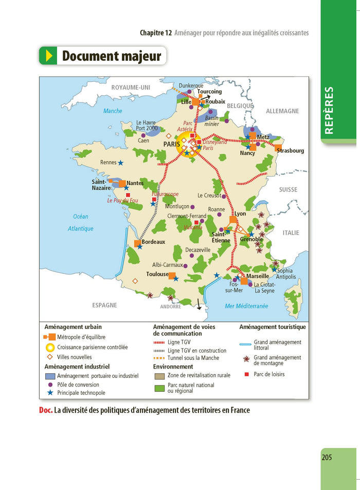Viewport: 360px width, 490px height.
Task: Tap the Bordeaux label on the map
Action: pyautogui.click(x=153, y=241)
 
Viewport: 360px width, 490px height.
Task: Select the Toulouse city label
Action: pyautogui.click(x=157, y=274)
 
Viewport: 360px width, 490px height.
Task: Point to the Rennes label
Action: pyautogui.click(x=109, y=162)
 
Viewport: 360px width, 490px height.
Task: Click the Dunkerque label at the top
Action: pyautogui.click(x=191, y=85)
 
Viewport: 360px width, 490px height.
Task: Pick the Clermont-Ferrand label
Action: pyautogui.click(x=187, y=216)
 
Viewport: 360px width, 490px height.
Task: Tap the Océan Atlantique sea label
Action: pyautogui.click(x=81, y=222)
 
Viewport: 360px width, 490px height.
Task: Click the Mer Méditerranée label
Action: pyautogui.click(x=246, y=306)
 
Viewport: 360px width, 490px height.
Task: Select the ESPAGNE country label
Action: pyautogui.click(x=104, y=305)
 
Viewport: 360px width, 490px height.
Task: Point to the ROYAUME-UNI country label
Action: pyautogui.click(x=131, y=87)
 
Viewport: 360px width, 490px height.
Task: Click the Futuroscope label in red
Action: pyautogui.click(x=165, y=194)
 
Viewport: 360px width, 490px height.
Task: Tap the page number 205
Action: pyautogui.click(x=327, y=457)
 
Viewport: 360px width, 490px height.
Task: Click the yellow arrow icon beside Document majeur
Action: pyautogui.click(x=49, y=56)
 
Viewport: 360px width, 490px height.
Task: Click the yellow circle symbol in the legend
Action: pyautogui.click(x=50, y=347)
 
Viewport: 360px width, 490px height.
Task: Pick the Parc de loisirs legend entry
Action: pyautogui.click(x=269, y=374)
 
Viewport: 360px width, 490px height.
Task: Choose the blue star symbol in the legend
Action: pyautogui.click(x=50, y=393)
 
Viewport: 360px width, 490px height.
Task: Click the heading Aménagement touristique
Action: pyautogui.click(x=273, y=327)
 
